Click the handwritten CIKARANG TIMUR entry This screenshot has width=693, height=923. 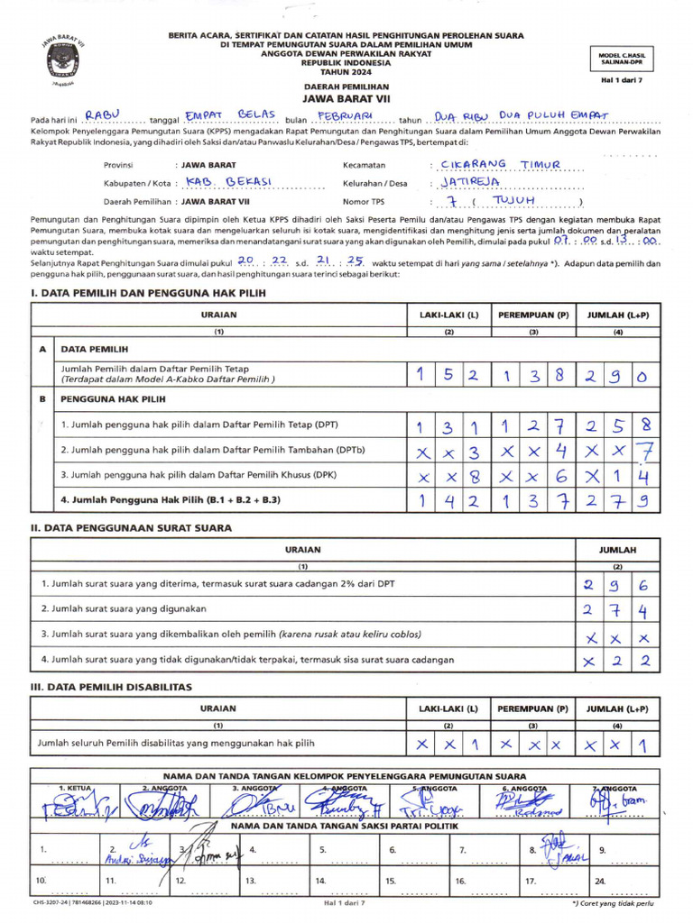(x=507, y=164)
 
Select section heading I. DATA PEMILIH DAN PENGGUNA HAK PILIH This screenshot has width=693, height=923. (x=148, y=293)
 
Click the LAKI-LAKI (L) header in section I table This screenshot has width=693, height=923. (x=448, y=315)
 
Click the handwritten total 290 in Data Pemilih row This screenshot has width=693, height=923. (x=617, y=375)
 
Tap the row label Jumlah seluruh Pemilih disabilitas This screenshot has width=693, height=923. (x=176, y=744)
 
